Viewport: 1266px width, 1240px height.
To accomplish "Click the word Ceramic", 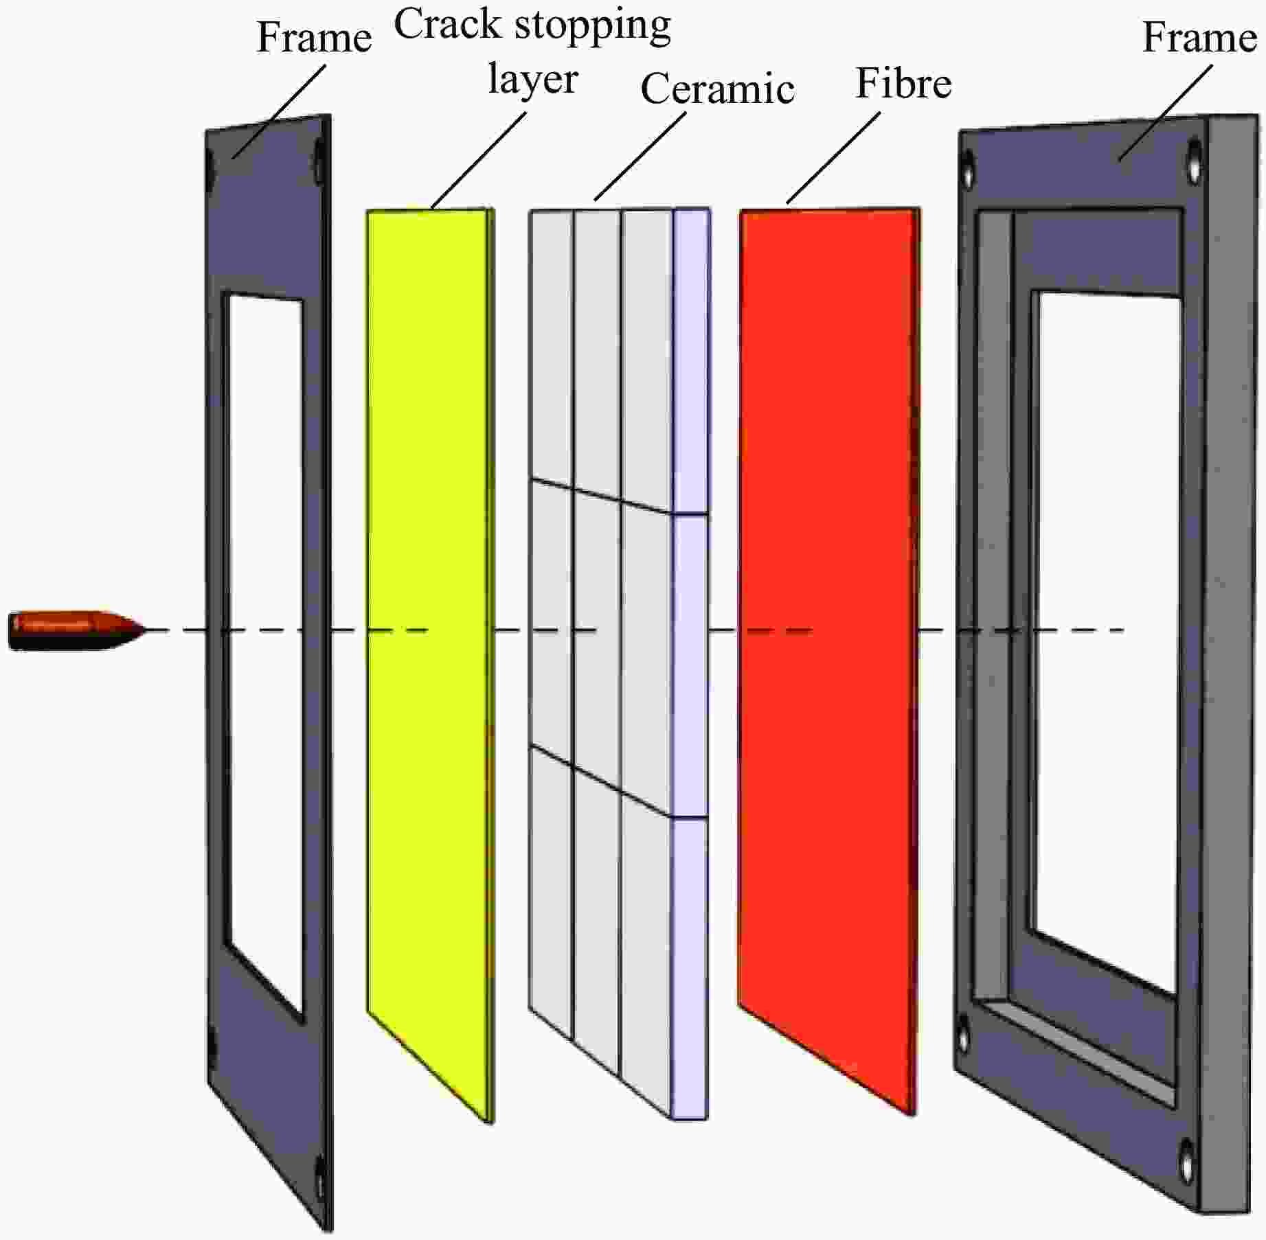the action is point(717,89).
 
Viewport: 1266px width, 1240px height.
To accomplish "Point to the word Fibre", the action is point(903,84).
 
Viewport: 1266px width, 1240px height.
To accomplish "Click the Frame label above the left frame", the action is point(314,37).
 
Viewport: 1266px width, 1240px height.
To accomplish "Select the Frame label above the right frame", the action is point(1199,37).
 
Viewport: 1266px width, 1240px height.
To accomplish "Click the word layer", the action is point(532,80).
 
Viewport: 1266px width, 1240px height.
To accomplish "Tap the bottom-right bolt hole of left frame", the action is point(319,1176).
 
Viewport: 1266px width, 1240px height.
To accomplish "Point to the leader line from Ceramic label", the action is point(640,156).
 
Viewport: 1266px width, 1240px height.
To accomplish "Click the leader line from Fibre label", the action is point(833,158).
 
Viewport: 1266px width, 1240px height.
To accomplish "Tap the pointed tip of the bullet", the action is point(145,630).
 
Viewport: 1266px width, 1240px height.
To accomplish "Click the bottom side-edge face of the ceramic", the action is point(689,968).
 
